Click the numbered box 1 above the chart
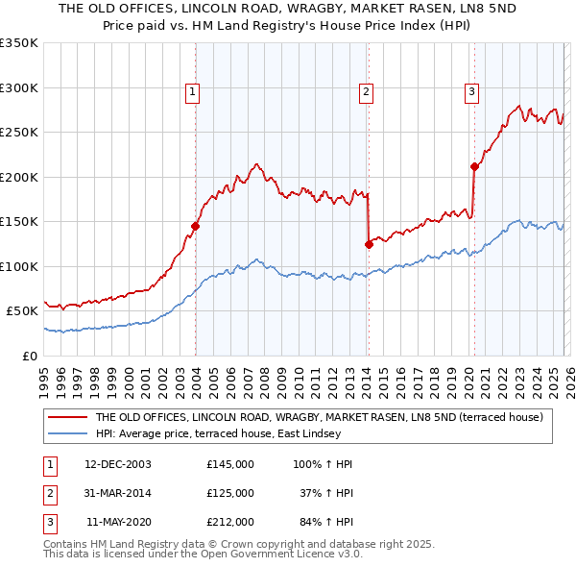tap(193, 92)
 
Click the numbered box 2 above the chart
tap(367, 92)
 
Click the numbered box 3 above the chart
tap(472, 92)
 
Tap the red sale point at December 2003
tap(195, 226)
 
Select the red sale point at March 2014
tap(369, 244)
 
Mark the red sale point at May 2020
tap(473, 166)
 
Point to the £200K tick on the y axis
tap(19, 177)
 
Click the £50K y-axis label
tap(22, 311)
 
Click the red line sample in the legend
tap(67, 417)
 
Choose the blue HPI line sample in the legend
tap(67, 433)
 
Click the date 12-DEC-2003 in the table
tap(118, 464)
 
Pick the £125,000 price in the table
tap(230, 493)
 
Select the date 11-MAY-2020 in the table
tap(118, 522)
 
